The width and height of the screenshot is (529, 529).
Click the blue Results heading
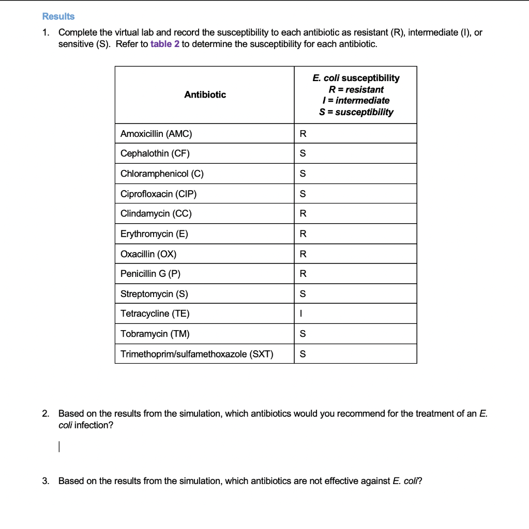[58, 17]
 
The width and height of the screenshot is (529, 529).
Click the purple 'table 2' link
[164, 44]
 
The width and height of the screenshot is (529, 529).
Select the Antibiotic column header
[205, 95]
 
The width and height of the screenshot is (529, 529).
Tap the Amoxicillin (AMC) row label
[156, 134]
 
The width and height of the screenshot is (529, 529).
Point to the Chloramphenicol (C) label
[162, 174]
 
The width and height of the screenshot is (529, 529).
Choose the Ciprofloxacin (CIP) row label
[159, 194]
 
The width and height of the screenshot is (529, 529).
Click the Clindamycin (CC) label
[156, 214]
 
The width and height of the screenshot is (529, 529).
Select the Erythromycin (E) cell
[154, 234]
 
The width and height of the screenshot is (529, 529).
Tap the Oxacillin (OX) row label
[148, 254]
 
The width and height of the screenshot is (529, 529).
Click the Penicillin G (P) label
[150, 274]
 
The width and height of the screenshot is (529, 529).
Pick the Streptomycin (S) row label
[154, 294]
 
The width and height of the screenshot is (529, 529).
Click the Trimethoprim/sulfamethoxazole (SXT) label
[197, 354]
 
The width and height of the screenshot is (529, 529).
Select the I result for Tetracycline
[303, 314]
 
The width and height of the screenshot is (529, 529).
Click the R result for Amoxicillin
[303, 134]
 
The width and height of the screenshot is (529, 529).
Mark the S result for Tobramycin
[303, 334]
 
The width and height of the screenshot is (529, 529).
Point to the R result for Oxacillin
[303, 254]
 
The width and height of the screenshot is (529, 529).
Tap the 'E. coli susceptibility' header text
[356, 78]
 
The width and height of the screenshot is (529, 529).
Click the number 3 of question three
[46, 481]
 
